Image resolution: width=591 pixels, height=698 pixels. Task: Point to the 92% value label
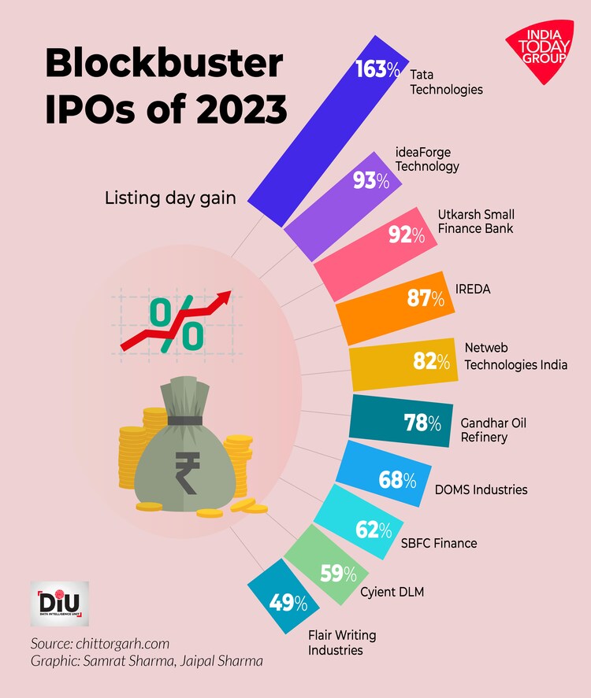[x=407, y=235]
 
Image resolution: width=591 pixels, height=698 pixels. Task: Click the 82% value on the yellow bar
[x=431, y=361]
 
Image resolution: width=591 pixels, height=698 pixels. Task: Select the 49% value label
[x=288, y=604]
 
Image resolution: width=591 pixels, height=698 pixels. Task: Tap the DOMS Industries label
[x=481, y=489]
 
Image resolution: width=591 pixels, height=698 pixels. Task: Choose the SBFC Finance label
[x=439, y=543]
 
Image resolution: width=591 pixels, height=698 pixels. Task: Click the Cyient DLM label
[x=392, y=592]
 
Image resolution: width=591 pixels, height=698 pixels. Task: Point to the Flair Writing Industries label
[x=342, y=642]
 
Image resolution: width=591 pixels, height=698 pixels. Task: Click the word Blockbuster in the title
[x=163, y=63]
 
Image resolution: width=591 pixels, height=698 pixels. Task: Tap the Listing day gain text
[x=170, y=198]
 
